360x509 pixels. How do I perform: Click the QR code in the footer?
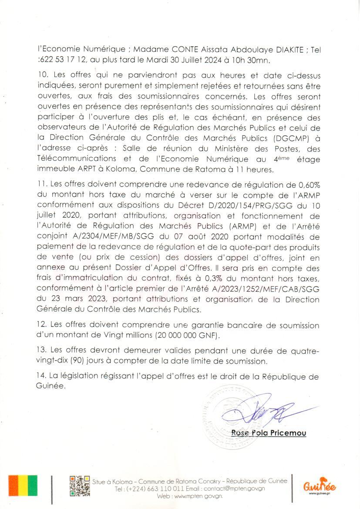point(80,486)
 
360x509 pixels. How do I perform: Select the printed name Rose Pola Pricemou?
point(269,433)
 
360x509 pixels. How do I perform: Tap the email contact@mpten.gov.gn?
point(234,489)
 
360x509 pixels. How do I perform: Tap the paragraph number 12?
point(43,325)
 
